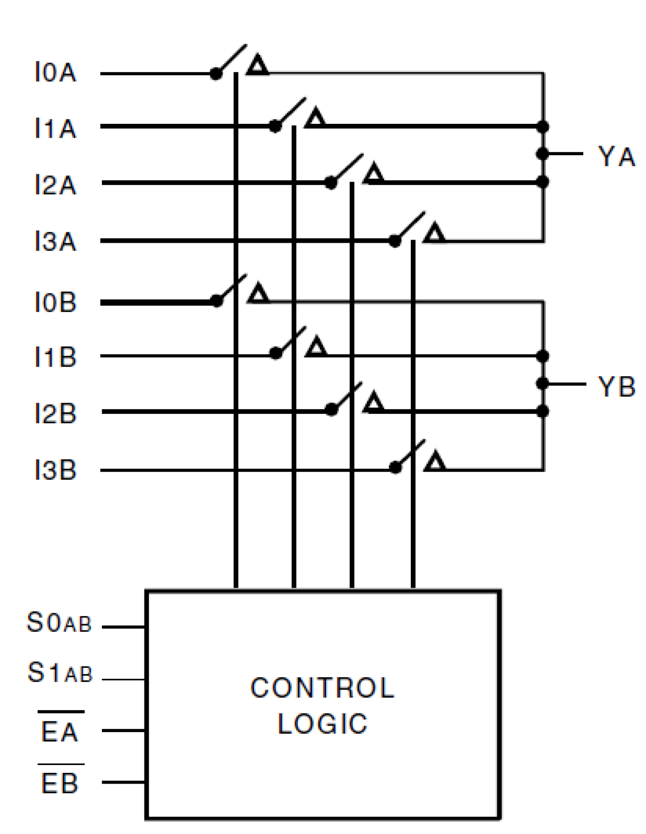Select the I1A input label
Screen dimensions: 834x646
[x=56, y=128]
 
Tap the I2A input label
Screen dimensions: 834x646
[x=56, y=185]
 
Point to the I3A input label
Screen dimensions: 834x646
[x=56, y=241]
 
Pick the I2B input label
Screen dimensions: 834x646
[x=56, y=414]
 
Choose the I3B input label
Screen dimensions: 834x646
[x=56, y=470]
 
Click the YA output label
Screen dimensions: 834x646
[x=616, y=156]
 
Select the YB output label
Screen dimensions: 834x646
[x=616, y=387]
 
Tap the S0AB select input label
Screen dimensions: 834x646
[x=59, y=623]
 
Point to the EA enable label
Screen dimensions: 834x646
[x=60, y=731]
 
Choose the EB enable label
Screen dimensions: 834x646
[x=60, y=783]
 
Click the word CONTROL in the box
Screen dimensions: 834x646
[x=322, y=688]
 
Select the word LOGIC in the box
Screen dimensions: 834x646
[x=322, y=724]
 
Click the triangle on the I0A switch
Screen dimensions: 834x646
[x=258, y=66]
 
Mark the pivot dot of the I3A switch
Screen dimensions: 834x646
[x=395, y=241]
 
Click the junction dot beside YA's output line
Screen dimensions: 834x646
[x=542, y=154]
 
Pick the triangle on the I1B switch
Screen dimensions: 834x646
[x=316, y=348]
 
